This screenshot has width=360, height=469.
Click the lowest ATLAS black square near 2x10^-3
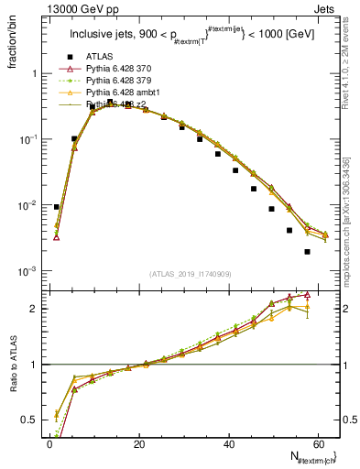[307, 252]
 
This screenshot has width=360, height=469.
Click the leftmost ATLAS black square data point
[57, 207]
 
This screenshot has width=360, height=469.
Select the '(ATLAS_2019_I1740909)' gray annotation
[191, 273]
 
